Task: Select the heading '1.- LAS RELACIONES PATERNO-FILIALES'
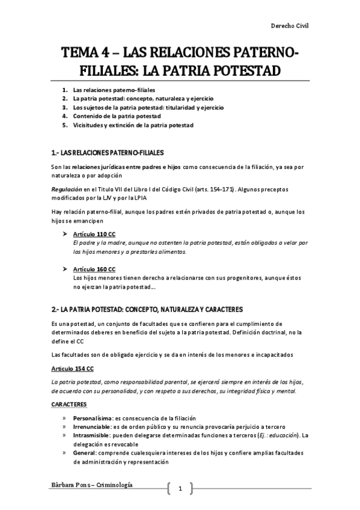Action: (108, 152)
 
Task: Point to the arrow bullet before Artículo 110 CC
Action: (65, 233)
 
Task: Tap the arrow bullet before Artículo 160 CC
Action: (65, 269)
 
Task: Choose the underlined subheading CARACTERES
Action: (69, 404)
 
